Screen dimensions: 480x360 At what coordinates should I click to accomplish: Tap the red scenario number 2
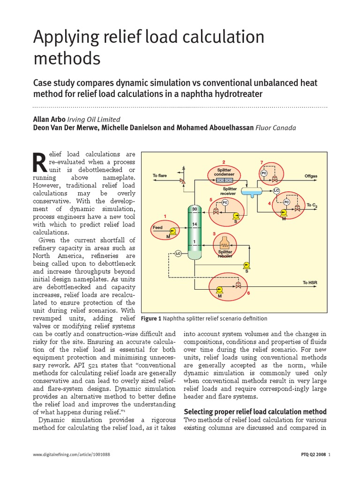pyautogui.click(x=224, y=162)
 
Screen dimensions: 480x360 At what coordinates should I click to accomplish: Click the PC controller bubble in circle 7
pyautogui.click(x=263, y=173)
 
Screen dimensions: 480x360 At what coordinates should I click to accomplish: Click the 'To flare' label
pyautogui.click(x=160, y=176)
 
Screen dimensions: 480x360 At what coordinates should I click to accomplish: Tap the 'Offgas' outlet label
pyautogui.click(x=311, y=176)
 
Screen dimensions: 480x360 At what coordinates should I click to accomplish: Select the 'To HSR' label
pyautogui.click(x=310, y=282)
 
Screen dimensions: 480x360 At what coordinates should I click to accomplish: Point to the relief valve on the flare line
pyautogui.click(x=182, y=180)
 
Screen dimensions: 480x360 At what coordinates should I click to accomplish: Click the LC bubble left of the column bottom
pyautogui.click(x=178, y=254)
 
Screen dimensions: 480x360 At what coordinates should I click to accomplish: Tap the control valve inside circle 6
pyautogui.click(x=238, y=285)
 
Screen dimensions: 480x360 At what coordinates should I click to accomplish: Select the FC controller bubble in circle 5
pyautogui.click(x=225, y=202)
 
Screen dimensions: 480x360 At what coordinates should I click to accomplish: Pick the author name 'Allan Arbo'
pyautogui.click(x=49, y=119)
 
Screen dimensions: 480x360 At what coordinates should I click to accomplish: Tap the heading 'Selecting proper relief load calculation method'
pyautogui.click(x=255, y=412)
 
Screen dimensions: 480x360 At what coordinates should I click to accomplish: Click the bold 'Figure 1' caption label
pyautogui.click(x=151, y=319)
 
